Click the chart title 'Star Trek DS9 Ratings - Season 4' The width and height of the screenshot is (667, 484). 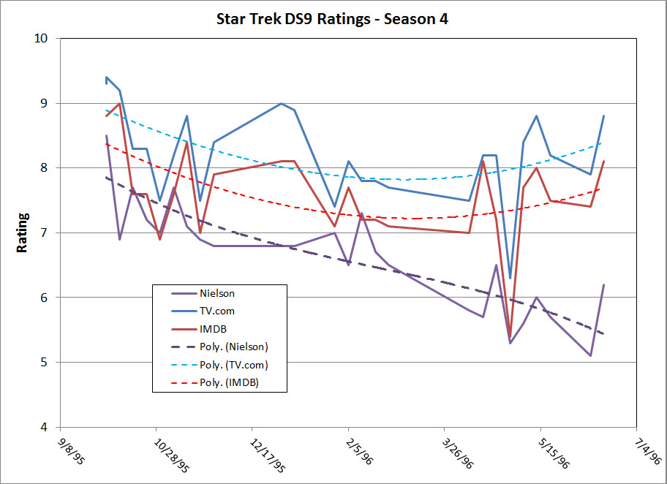tap(333, 19)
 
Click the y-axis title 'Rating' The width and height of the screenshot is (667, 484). tap(23, 232)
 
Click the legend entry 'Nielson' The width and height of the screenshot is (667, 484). tap(216, 294)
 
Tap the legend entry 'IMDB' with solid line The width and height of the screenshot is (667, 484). tap(212, 329)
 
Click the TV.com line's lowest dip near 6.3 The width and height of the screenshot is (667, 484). tap(510, 278)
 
